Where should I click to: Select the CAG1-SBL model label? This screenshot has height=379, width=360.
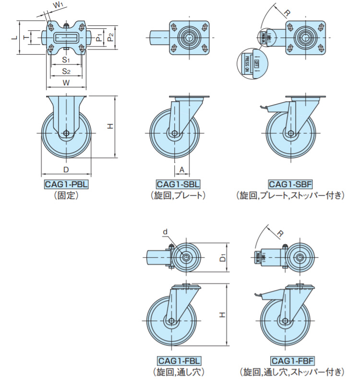point(178,184)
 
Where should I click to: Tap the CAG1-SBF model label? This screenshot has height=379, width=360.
point(290,184)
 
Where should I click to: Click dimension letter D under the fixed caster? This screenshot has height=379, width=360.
point(66,169)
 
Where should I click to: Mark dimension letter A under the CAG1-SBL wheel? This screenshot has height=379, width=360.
point(182,169)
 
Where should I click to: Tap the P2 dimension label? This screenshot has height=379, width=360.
point(110,36)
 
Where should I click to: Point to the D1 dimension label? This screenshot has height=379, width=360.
point(223,258)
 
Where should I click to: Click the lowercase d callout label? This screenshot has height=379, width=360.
point(165,232)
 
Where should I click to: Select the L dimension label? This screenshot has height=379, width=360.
point(14,36)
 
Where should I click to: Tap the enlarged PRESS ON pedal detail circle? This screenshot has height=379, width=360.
point(252,62)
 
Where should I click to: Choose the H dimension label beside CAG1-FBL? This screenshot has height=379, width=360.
point(222,314)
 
